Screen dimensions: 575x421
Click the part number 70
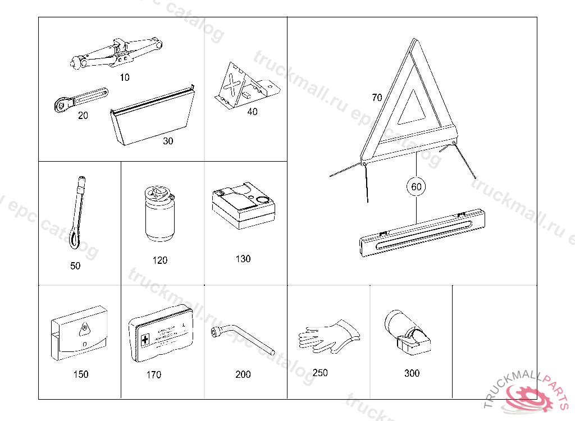point(377,98)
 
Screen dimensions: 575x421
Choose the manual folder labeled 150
point(80,333)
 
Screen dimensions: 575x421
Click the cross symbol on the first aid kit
point(145,340)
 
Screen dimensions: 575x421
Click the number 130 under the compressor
point(243,259)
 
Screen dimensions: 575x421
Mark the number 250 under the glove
point(320,373)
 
